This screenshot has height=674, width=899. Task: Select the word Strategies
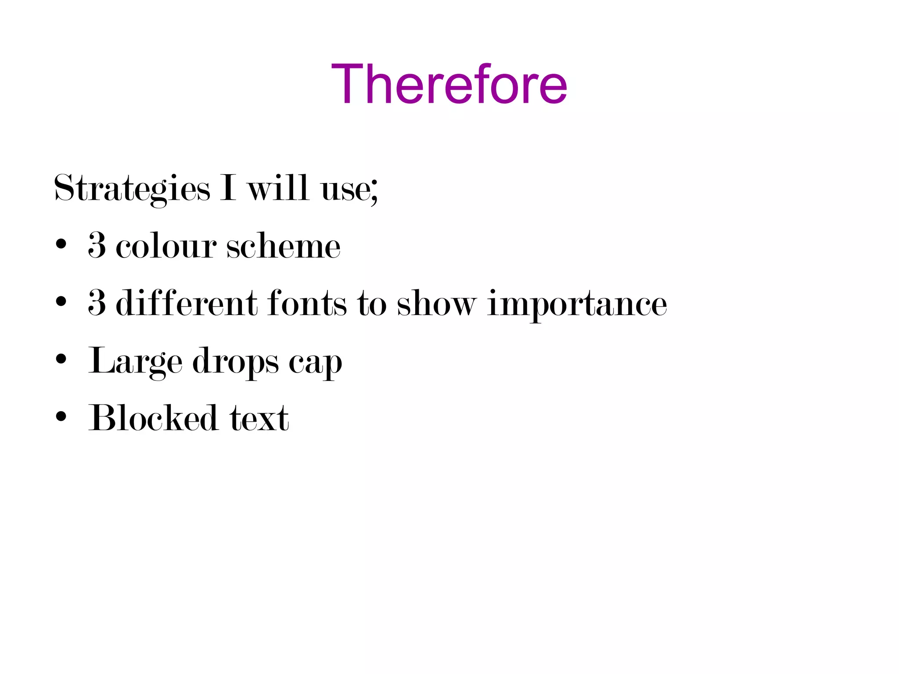[x=132, y=189]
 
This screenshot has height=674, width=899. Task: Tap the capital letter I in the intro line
[x=228, y=188]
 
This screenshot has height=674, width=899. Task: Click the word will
[x=277, y=188]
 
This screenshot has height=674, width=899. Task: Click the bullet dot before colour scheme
[x=61, y=244]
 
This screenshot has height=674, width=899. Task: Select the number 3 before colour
[x=97, y=245]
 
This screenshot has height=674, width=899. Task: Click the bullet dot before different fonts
[x=61, y=302]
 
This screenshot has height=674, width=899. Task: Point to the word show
[x=436, y=304]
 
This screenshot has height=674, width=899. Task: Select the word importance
[x=577, y=305]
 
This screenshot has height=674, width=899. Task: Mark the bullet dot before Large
[x=61, y=359]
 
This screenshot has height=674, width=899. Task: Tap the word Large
[x=135, y=362]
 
